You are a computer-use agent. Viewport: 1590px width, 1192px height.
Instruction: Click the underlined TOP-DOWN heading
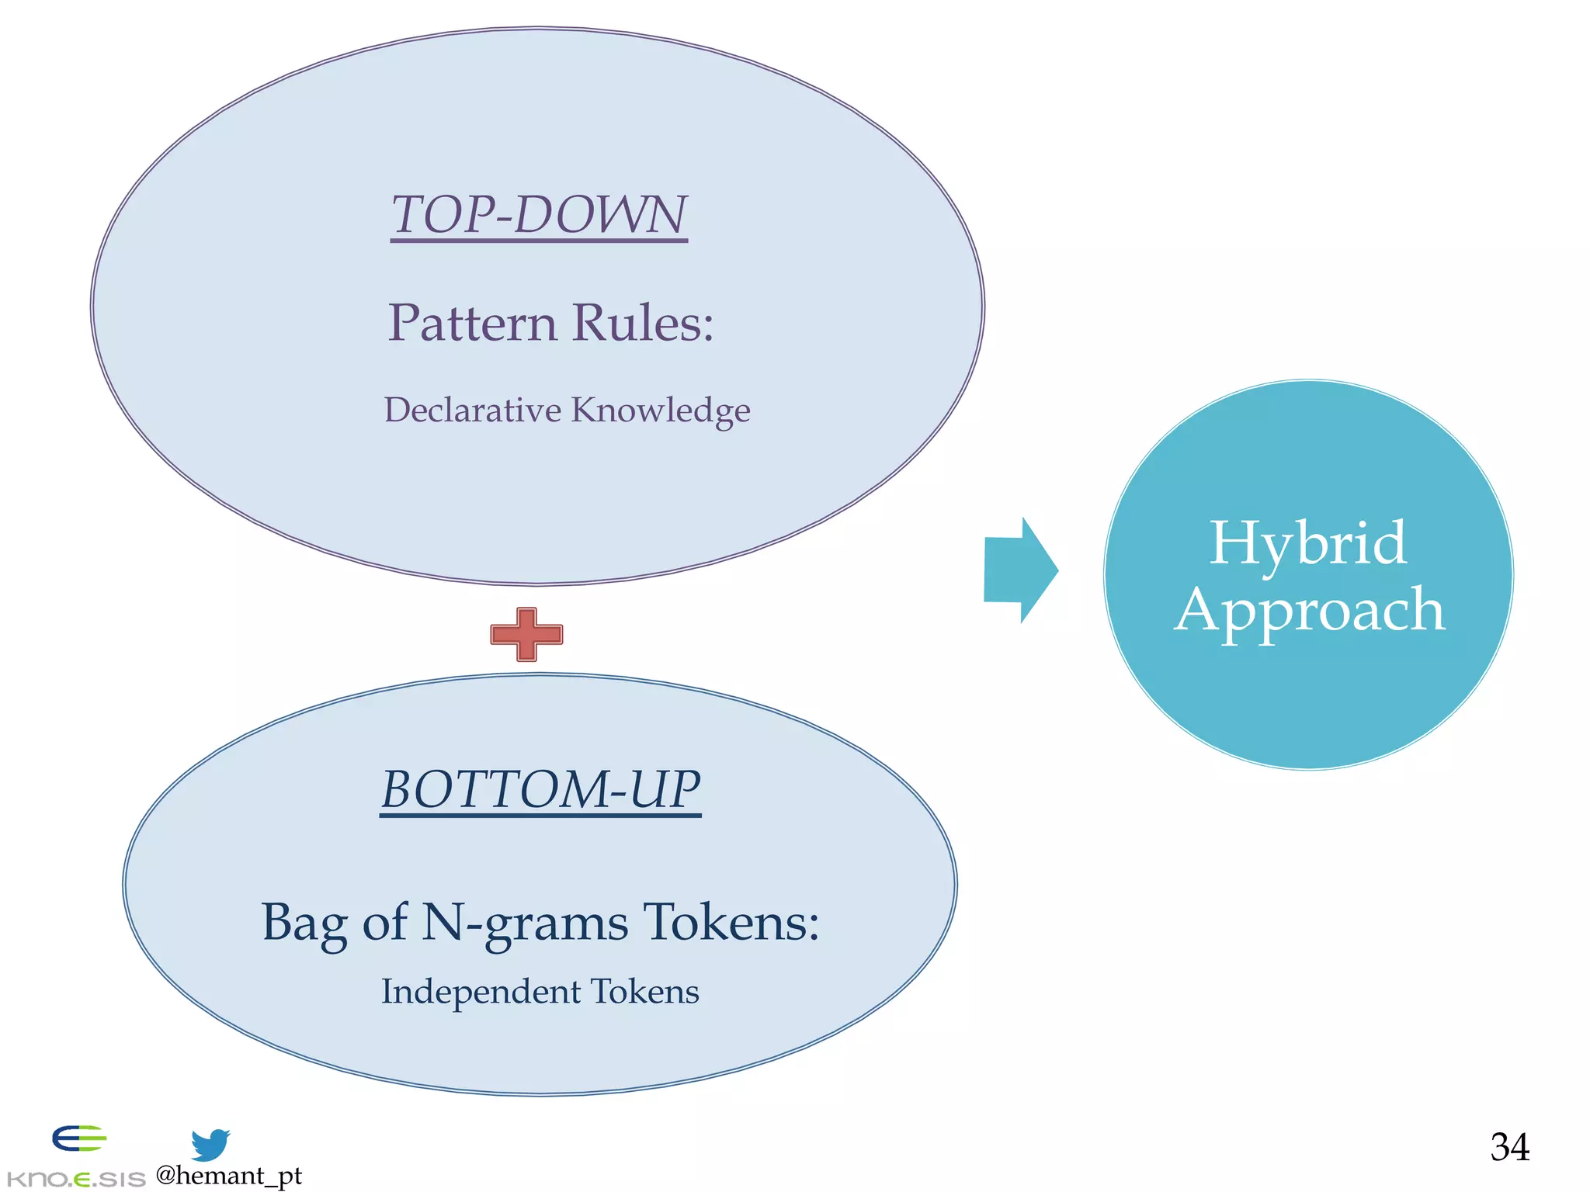pyautogui.click(x=539, y=215)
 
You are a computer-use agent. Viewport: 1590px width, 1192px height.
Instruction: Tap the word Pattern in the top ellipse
pyautogui.click(x=472, y=323)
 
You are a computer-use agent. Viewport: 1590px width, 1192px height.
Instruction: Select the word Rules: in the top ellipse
pyautogui.click(x=644, y=323)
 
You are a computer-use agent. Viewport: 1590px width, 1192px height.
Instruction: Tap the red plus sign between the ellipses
pyautogui.click(x=526, y=635)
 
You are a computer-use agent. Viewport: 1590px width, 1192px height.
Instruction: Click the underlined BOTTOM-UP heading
pyautogui.click(x=540, y=790)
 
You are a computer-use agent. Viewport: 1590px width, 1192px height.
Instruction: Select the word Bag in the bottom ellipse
pyautogui.click(x=304, y=923)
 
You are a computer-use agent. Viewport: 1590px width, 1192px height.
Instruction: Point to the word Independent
pyautogui.click(x=481, y=993)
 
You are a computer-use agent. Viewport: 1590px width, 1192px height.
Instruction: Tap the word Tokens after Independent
pyautogui.click(x=644, y=992)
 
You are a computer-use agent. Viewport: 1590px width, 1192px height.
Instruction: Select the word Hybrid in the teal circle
pyautogui.click(x=1307, y=542)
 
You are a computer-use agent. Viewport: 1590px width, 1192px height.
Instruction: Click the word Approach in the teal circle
pyautogui.click(x=1309, y=611)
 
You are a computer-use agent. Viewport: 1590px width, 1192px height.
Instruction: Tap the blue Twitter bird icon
pyautogui.click(x=210, y=1145)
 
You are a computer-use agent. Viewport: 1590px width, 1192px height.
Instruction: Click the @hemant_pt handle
pyautogui.click(x=228, y=1176)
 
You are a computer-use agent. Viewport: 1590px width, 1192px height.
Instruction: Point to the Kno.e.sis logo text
pyautogui.click(x=75, y=1180)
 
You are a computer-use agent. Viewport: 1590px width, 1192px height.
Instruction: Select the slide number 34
pyautogui.click(x=1509, y=1147)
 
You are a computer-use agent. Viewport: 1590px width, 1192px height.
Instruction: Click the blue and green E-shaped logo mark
pyautogui.click(x=78, y=1139)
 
